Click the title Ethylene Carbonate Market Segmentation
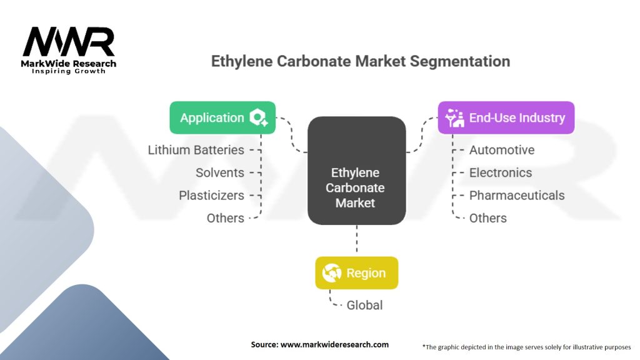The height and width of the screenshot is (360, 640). click(360, 61)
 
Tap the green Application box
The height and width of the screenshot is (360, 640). click(222, 117)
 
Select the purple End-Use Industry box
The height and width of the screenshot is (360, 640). click(506, 117)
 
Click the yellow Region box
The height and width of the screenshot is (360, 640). click(356, 273)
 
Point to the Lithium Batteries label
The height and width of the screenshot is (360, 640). click(196, 150)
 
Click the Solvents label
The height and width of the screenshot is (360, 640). click(219, 172)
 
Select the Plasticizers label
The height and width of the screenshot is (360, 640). click(211, 195)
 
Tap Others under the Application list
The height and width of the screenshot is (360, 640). click(225, 218)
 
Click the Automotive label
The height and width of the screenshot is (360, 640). click(502, 150)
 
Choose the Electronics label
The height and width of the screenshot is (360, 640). click(501, 172)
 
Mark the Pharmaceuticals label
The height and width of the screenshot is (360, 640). click(517, 195)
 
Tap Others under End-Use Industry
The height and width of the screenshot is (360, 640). click(488, 218)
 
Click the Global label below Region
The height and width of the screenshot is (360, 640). click(365, 305)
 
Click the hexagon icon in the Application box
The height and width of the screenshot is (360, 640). click(258, 117)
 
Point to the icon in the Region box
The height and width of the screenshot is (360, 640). click(331, 273)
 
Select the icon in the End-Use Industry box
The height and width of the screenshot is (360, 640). click(454, 117)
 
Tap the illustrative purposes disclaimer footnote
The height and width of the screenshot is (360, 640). click(526, 346)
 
